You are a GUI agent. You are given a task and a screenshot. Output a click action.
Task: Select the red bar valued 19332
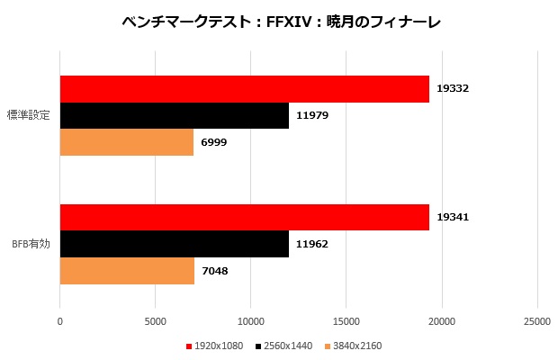pyautogui.click(x=244, y=89)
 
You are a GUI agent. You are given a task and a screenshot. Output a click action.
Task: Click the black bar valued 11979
pyautogui.click(x=174, y=115)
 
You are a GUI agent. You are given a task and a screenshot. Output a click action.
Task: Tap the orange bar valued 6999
pyautogui.click(x=126, y=142)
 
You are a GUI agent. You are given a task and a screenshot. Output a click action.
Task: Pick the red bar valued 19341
pyautogui.click(x=244, y=218)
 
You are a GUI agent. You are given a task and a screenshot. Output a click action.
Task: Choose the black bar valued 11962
pyautogui.click(x=174, y=244)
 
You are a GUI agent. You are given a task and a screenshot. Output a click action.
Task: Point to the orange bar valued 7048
pyautogui.click(x=127, y=270)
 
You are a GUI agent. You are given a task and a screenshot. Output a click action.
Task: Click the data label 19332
pyautogui.click(x=454, y=89)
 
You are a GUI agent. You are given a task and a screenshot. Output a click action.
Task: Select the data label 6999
pyautogui.click(x=216, y=142)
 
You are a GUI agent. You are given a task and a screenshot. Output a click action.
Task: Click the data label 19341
pyautogui.click(x=454, y=218)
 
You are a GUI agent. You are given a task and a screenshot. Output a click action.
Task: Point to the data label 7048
pyautogui.click(x=217, y=270)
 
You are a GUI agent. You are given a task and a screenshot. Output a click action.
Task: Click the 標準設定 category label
pyautogui.click(x=28, y=115)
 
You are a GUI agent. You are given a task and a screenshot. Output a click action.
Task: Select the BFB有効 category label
pyautogui.click(x=31, y=244)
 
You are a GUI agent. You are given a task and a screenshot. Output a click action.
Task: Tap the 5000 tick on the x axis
pyautogui.click(x=155, y=320)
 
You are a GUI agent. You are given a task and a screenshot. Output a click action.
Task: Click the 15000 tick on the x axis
pyautogui.click(x=346, y=320)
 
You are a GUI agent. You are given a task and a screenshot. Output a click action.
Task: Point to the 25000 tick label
pyautogui.click(x=536, y=320)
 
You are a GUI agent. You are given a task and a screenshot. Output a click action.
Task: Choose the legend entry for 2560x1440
pyautogui.click(x=283, y=346)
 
